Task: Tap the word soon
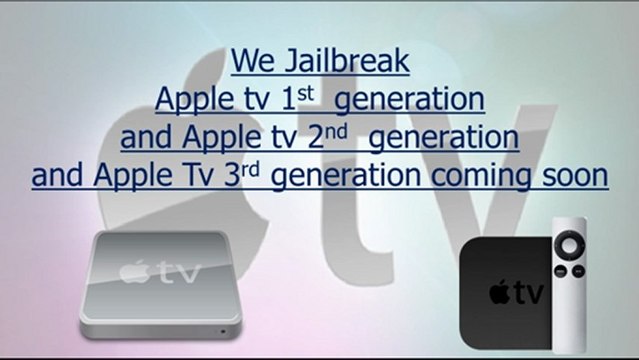click(x=574, y=176)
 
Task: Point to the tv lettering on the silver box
click(x=175, y=273)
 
